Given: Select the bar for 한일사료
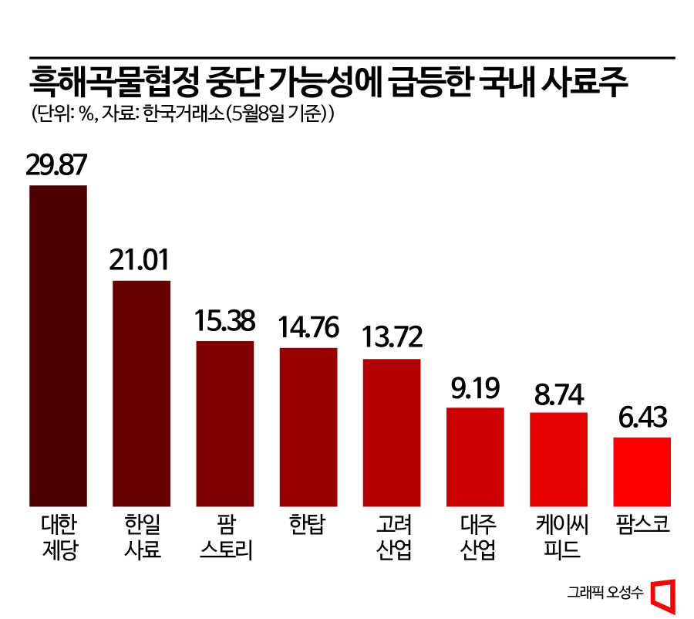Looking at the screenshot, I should tap(141, 393).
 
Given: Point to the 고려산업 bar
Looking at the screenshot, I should tap(391, 432).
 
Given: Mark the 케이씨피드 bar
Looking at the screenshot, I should tap(558, 459).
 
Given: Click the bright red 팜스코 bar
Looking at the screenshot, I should tap(642, 472).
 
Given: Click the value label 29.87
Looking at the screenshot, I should tap(58, 165).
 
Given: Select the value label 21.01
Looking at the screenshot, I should tap(141, 260).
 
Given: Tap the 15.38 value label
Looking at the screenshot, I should tap(224, 320).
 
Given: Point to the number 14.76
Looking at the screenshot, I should tap(308, 328).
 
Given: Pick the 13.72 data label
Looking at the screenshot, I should tap(391, 339).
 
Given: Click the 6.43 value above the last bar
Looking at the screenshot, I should tap(642, 418).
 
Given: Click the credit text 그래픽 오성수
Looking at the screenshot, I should tap(605, 592).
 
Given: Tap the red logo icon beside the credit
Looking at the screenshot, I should tap(662, 593).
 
